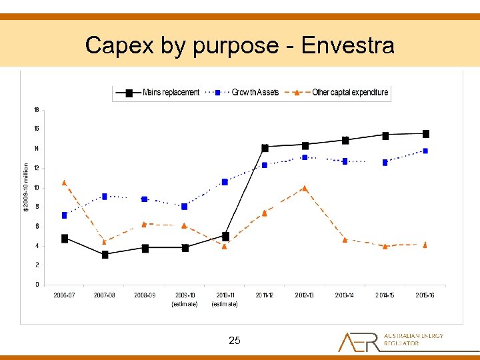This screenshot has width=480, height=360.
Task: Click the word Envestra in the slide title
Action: (347, 45)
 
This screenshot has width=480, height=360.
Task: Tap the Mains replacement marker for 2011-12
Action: (265, 148)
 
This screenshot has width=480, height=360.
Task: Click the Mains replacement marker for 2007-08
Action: (105, 255)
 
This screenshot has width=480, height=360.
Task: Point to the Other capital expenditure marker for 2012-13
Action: (305, 188)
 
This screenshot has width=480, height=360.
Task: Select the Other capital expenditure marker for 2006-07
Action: (64, 182)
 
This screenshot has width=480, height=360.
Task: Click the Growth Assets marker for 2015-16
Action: (425, 151)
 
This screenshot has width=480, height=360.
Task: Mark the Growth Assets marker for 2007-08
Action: (105, 196)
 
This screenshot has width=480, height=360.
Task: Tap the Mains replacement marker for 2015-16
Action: (425, 134)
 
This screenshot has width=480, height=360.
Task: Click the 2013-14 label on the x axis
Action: (345, 295)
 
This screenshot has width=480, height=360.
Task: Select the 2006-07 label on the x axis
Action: (65, 295)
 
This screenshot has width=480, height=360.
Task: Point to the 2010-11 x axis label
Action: (225, 295)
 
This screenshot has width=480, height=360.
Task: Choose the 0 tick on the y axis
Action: (37, 285)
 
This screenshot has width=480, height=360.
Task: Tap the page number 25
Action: (234, 341)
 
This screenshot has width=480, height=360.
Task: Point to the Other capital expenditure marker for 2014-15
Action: (385, 246)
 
